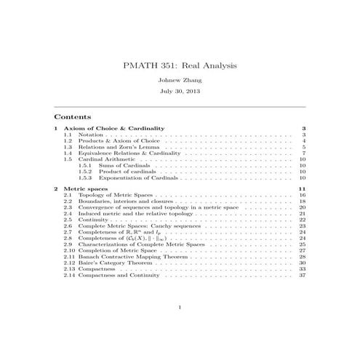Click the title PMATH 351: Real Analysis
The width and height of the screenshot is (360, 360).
(x=180, y=66)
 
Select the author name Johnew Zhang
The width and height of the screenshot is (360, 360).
(x=180, y=80)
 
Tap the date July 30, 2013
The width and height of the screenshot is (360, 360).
(x=180, y=92)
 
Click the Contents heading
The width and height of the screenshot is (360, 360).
(x=73, y=116)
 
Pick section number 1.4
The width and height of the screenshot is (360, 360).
(x=68, y=153)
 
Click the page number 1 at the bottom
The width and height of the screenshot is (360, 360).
(x=180, y=308)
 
